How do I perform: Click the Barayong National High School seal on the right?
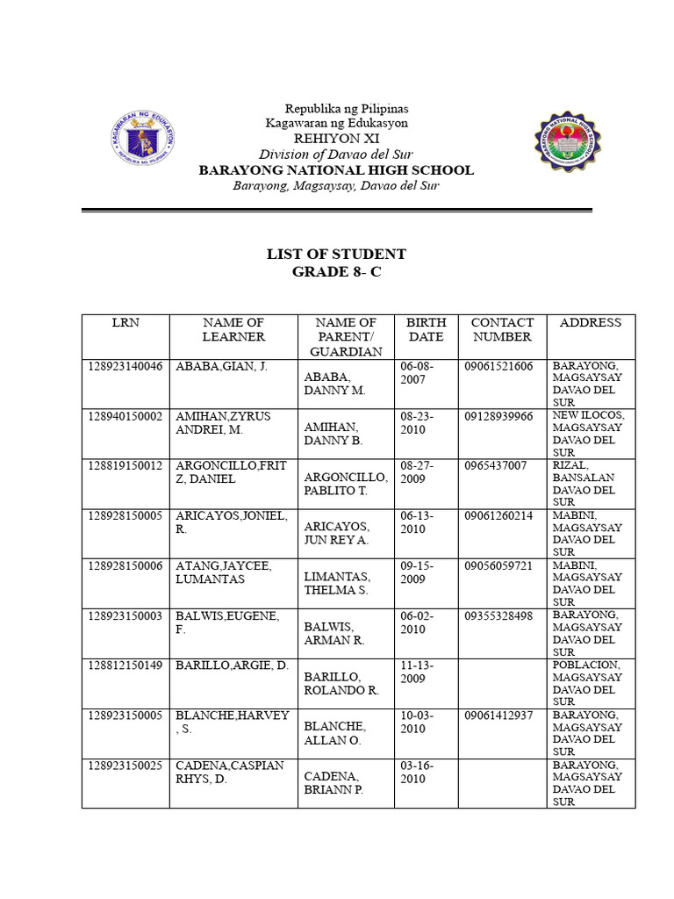tap(569, 142)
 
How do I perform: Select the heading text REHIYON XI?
tap(336, 139)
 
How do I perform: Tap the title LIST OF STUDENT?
tap(336, 255)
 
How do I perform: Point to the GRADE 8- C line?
tap(336, 272)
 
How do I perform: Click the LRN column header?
tap(125, 323)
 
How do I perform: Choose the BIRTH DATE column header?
tap(427, 329)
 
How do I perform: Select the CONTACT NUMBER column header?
tap(502, 329)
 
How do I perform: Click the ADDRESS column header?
tap(590, 323)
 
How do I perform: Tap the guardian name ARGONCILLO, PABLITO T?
tap(346, 484)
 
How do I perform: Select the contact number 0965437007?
tap(496, 465)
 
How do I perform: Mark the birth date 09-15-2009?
tap(418, 572)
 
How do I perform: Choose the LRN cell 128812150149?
tap(125, 665)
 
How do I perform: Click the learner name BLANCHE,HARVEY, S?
tap(232, 722)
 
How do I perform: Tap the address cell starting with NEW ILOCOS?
tap(587, 434)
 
